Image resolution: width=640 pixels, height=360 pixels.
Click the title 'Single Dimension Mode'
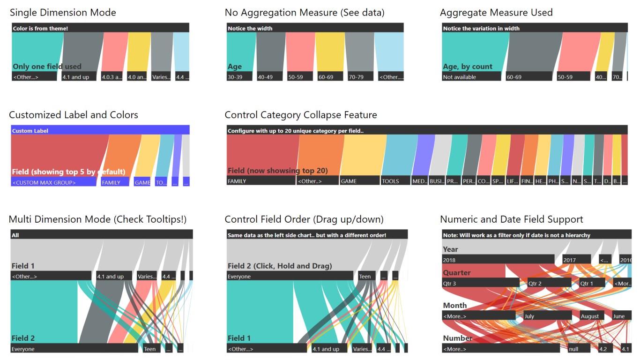(63, 13)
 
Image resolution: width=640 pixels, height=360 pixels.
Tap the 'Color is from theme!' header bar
(100, 28)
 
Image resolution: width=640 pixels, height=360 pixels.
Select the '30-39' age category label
(240, 77)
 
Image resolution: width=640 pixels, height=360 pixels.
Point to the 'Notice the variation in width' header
(534, 28)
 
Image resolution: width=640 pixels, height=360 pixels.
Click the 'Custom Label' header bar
(100, 131)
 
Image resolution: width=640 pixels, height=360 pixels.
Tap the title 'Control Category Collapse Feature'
(301, 115)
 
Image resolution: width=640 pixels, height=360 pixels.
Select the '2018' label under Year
(498, 260)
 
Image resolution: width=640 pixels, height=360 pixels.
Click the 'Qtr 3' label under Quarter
(481, 283)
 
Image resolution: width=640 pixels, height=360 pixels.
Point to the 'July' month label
(547, 316)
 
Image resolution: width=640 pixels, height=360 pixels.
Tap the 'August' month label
(594, 316)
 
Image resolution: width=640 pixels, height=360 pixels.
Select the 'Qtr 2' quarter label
(549, 283)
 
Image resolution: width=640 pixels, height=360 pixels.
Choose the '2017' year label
(576, 260)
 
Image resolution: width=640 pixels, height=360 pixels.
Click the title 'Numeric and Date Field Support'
(512, 219)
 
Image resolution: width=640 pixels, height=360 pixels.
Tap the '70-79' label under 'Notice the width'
(358, 77)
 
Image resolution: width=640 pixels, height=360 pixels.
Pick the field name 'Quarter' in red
(457, 273)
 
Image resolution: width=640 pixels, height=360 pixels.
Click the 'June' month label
(622, 316)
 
